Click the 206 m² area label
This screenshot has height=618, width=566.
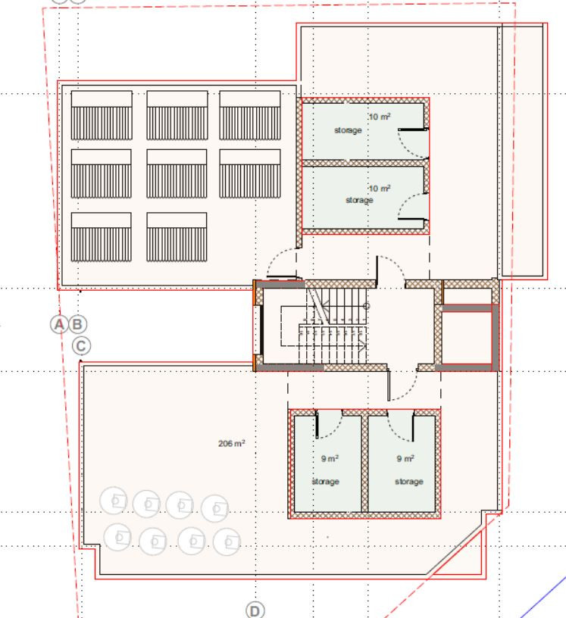232,443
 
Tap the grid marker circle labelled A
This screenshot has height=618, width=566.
59,324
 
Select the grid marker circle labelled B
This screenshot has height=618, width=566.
78,324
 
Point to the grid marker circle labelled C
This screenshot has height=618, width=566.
81,346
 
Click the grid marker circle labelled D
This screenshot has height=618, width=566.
255,610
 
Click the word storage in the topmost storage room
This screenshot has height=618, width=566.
348,130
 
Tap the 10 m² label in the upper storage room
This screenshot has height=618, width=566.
380,117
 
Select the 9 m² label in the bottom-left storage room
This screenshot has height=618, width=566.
330,458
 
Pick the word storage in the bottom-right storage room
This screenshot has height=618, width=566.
409,481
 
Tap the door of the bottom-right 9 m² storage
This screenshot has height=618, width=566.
413,426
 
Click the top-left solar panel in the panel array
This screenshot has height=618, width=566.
102,115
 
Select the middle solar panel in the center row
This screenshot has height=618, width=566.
177,173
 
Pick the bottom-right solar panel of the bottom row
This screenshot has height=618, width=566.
177,237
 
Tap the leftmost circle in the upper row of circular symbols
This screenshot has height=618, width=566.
114,501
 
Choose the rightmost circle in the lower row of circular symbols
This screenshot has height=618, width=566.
227,542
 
